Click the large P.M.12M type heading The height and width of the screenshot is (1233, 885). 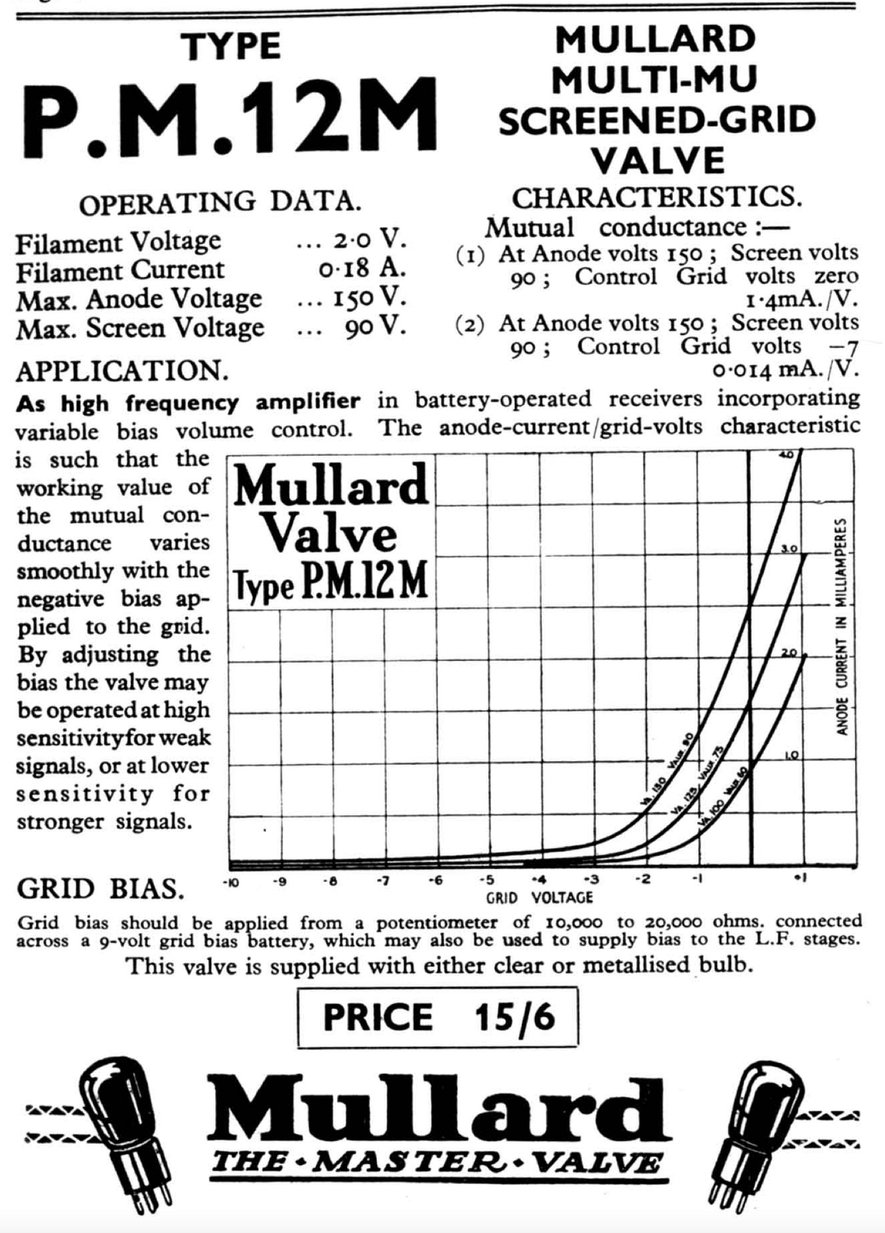(230, 116)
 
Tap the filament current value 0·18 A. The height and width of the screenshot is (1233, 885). (362, 269)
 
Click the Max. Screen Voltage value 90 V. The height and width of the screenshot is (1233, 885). (375, 328)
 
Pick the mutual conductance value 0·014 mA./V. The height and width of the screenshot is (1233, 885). (786, 369)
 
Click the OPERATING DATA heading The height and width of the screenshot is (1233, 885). (220, 203)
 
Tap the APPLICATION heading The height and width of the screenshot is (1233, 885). (122, 371)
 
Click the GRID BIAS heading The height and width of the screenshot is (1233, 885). (100, 889)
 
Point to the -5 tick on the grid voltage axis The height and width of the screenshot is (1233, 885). (486, 880)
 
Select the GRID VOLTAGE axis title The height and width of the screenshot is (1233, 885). (540, 898)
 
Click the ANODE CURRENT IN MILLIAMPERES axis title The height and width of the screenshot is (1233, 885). (842, 627)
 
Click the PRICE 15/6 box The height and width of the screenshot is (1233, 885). (438, 1017)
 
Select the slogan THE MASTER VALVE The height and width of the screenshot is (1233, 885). (437, 1162)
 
